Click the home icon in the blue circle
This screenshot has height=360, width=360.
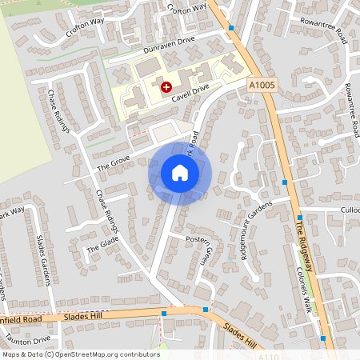tap(179, 173)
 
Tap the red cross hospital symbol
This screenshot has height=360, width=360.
tap(166, 86)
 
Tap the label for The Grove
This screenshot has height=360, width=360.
tap(113, 163)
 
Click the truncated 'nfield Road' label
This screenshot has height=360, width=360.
tap(21, 320)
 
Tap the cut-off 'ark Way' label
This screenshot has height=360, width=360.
tap(11, 214)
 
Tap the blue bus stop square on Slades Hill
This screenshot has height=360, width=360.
tap(206, 309)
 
